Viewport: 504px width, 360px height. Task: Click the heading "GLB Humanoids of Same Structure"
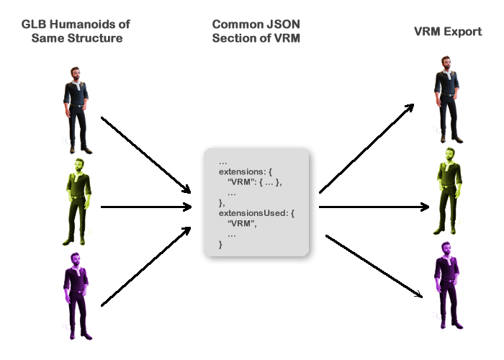(x=76, y=31)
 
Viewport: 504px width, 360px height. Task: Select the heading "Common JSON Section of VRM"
(x=256, y=31)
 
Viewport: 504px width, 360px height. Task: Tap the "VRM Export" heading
(x=448, y=32)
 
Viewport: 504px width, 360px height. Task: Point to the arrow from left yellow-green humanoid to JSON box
(x=146, y=207)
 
